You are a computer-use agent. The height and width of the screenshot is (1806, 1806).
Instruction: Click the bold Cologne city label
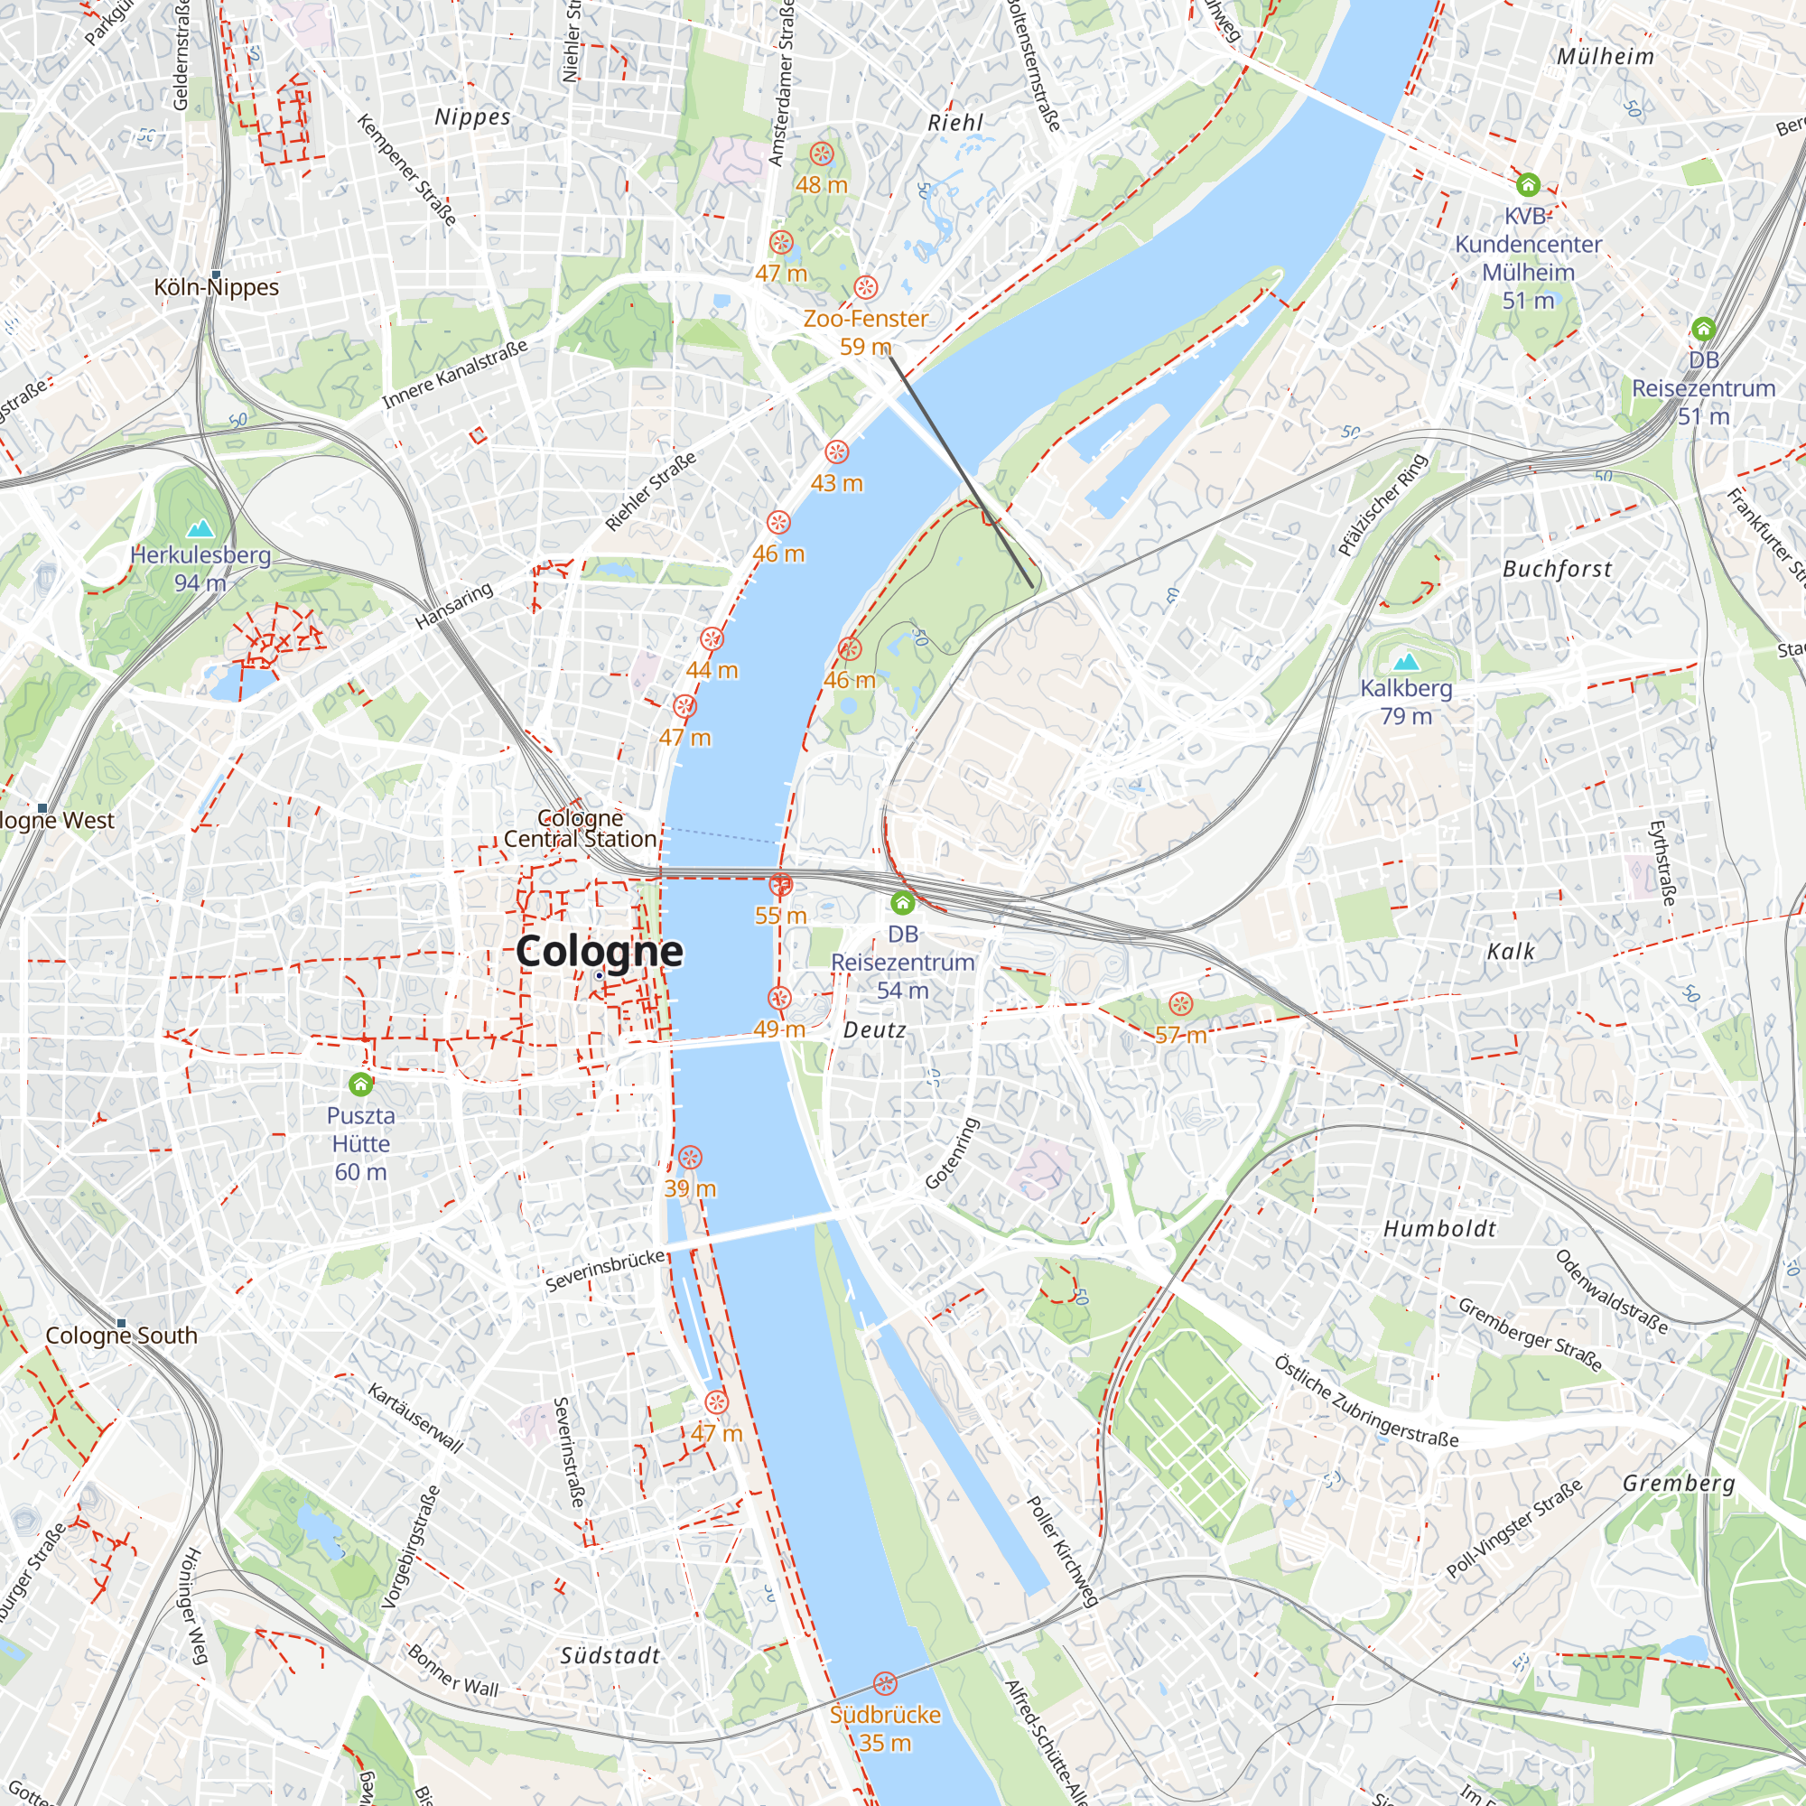[600, 952]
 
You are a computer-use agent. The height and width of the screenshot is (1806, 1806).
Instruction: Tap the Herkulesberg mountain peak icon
[200, 529]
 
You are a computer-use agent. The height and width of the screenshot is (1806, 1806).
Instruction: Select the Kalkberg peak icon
[1406, 663]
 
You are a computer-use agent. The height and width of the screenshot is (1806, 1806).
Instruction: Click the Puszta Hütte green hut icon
[361, 1085]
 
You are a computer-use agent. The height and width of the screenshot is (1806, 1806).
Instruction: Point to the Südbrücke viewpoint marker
[884, 1683]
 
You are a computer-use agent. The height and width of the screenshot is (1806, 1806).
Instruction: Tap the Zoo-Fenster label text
[865, 319]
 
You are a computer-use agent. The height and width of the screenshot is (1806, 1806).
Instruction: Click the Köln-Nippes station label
[217, 287]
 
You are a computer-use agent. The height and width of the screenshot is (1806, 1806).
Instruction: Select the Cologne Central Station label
[580, 829]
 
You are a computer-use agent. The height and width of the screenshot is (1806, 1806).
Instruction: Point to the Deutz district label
[874, 1030]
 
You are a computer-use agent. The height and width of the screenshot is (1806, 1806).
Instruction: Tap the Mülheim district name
[1605, 56]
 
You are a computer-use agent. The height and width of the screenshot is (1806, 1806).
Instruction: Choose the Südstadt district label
[610, 1655]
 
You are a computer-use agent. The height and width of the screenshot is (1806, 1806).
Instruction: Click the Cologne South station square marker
[122, 1324]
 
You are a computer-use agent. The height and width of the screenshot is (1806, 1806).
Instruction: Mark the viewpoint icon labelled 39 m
[690, 1159]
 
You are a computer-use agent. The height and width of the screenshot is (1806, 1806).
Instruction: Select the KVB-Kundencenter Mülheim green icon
[1528, 183]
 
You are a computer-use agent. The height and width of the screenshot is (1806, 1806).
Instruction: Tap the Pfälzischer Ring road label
[1382, 505]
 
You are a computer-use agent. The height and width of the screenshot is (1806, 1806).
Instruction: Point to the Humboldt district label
[1439, 1229]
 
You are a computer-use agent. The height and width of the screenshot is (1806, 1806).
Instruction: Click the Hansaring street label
[454, 606]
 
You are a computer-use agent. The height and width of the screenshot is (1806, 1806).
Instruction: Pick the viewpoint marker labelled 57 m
[1180, 1005]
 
